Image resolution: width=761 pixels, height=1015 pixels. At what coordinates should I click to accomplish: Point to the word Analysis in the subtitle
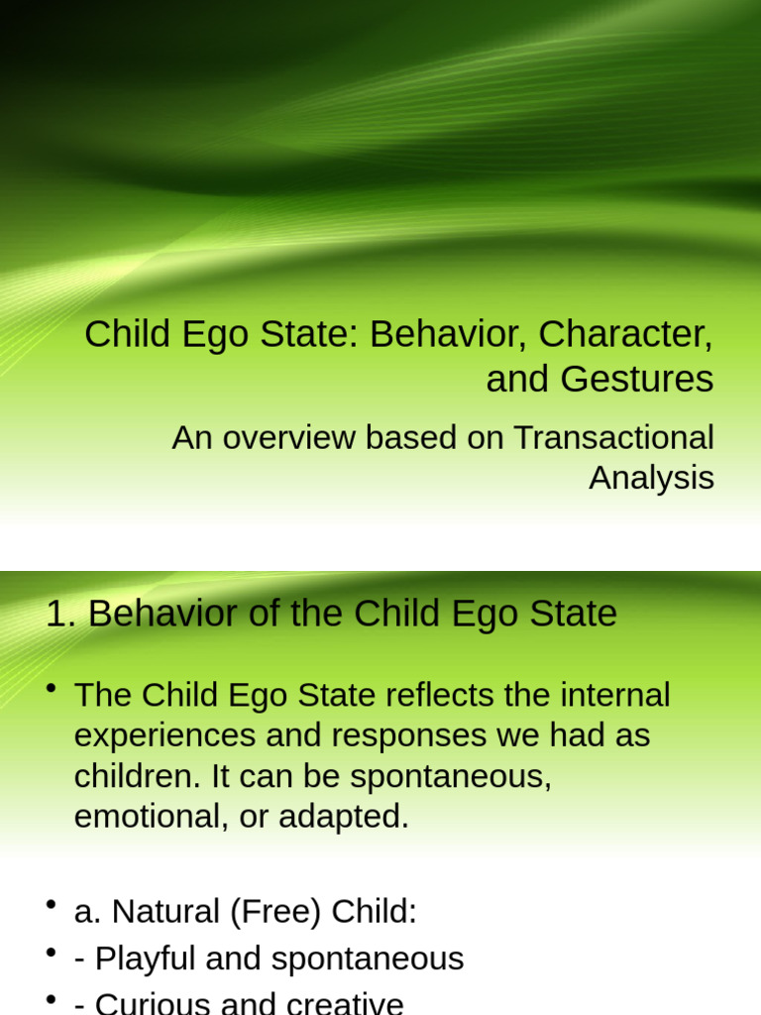pos(651,478)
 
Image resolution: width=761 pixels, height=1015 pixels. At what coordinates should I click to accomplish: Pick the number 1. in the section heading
pos(61,615)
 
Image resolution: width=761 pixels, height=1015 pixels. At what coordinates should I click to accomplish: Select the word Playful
pos(149,959)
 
